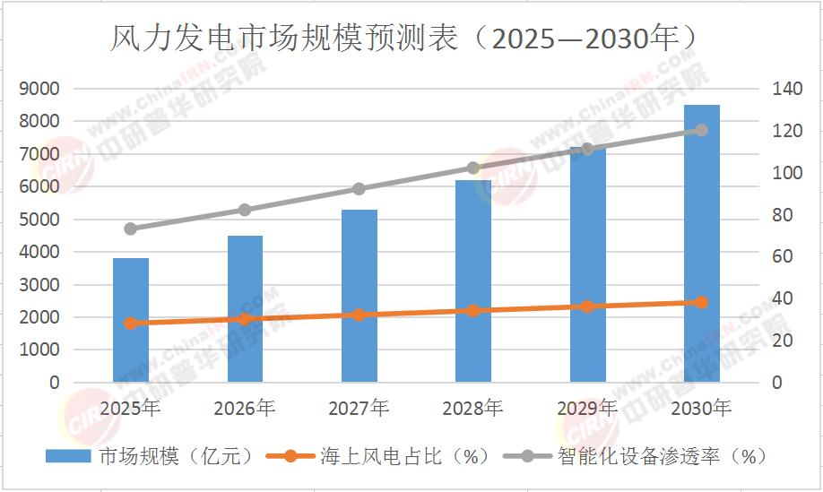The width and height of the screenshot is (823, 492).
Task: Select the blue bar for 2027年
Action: pos(360,296)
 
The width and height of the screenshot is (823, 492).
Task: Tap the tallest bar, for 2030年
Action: pos(702,243)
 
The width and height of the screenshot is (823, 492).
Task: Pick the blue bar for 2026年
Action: pos(245,308)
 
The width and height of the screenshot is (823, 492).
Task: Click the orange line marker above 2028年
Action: pos(473,311)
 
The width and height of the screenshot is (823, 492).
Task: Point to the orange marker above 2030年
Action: pos(702,302)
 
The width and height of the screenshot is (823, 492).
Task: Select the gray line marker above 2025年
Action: pos(131,229)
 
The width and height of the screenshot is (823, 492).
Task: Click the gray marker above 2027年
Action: pos(360,189)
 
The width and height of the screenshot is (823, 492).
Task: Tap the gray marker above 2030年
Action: pos(702,130)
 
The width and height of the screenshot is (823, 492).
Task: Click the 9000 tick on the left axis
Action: pos(42,89)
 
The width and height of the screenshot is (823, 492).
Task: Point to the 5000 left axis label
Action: pos(42,220)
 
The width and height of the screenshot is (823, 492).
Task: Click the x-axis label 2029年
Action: pos(587,409)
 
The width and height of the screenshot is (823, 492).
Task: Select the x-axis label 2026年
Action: pos(245,409)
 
